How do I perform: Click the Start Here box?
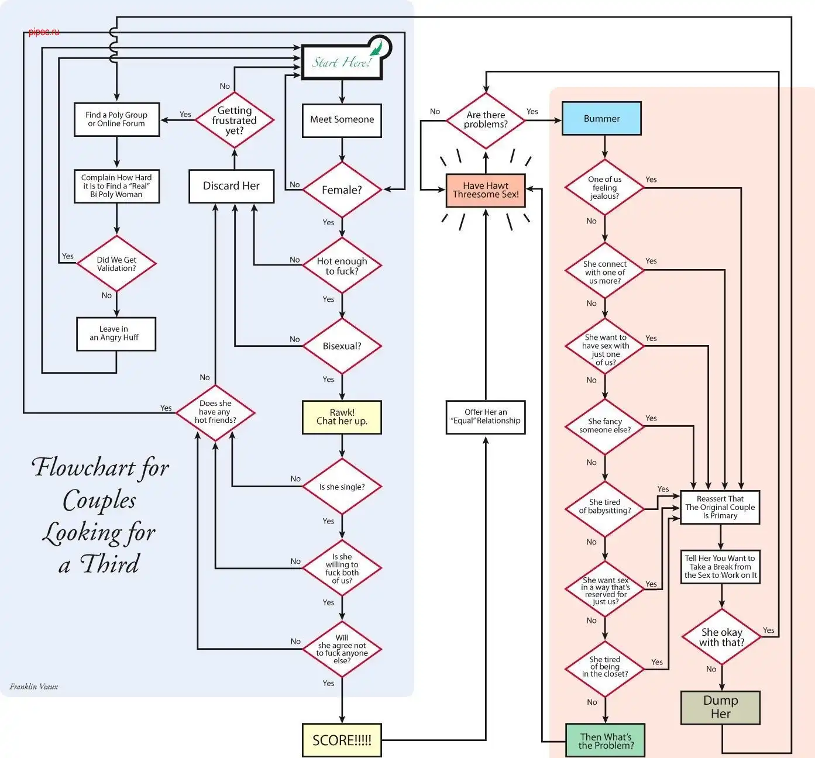341,62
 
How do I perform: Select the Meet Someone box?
342,120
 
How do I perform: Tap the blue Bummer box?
601,119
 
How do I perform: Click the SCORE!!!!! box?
342,740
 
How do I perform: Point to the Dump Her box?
720,707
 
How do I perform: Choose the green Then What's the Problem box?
606,740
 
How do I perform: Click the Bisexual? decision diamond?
342,346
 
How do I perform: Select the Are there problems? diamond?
486,120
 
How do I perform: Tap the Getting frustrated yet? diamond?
234,120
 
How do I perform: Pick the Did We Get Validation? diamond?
116,264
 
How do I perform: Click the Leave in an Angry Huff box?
116,333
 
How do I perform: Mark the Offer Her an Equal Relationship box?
486,416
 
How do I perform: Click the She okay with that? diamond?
721,637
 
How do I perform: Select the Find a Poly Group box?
116,119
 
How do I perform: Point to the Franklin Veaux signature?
34,687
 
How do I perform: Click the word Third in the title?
109,564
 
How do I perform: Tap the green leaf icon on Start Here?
378,47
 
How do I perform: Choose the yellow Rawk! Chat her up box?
342,416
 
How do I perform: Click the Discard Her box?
231,186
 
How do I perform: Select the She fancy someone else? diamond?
605,426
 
